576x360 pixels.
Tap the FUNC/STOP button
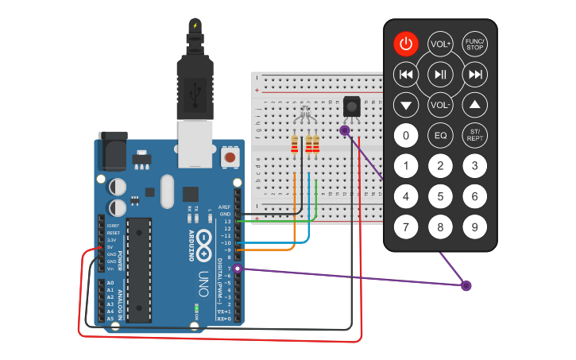tap(474, 44)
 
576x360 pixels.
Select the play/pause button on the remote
tap(440, 75)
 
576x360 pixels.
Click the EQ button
tap(440, 136)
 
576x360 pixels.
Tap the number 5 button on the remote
tap(440, 196)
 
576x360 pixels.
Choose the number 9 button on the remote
tap(474, 227)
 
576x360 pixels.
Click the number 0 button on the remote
tap(406, 136)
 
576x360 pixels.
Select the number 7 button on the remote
tap(406, 227)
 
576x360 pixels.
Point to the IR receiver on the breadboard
tap(350, 106)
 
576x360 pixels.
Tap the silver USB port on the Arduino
tap(196, 143)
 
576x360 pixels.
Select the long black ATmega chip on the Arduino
tap(139, 270)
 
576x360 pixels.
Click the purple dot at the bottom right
tap(466, 285)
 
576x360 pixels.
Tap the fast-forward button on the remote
tap(474, 75)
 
